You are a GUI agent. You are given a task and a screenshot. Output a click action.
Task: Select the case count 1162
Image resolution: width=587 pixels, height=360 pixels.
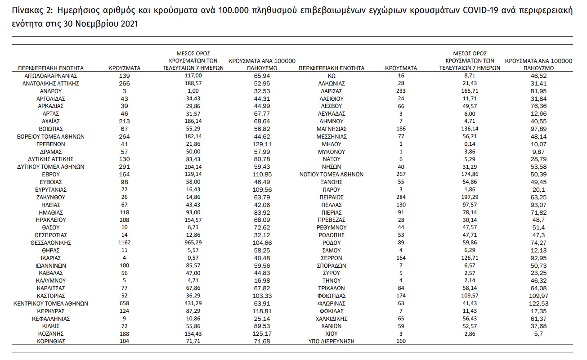125,243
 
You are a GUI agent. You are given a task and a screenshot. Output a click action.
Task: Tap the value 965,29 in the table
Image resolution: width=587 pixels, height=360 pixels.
193,243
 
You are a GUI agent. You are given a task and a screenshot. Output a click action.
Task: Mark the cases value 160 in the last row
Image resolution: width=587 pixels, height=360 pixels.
401,341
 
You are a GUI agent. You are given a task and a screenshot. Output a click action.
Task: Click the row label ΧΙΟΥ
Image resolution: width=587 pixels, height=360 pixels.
331,333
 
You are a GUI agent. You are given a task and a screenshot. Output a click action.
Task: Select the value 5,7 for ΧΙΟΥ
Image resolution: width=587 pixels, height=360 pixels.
538,333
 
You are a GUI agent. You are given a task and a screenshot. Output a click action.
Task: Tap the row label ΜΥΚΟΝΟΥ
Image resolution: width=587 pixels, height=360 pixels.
331,152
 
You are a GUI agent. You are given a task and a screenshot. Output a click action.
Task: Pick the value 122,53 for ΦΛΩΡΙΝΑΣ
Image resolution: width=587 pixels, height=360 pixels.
538,303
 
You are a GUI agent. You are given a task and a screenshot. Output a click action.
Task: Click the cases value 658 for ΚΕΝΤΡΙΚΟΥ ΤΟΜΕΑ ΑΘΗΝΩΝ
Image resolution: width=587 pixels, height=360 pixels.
125,303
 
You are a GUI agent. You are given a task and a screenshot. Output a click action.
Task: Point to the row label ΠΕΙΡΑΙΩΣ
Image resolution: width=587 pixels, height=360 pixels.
331,197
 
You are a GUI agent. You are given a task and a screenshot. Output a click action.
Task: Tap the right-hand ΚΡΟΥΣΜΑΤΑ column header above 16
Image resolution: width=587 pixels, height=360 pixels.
401,68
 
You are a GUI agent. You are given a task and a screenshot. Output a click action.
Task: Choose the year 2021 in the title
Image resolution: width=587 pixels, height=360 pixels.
125,23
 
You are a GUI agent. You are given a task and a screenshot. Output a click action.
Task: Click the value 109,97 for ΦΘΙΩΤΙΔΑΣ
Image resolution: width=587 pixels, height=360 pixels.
538,296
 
